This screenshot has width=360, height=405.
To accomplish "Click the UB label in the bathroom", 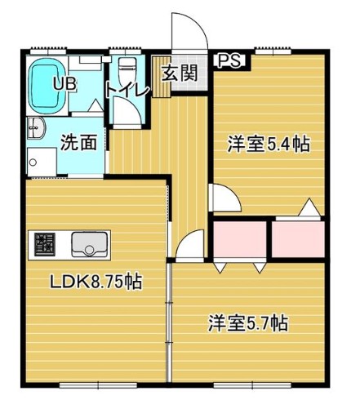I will coord(64,82).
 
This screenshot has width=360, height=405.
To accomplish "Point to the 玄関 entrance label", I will coord(179,72).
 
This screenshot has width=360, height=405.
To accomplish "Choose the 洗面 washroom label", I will coord(79,141).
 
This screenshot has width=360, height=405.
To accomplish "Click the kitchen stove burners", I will coord(44,243).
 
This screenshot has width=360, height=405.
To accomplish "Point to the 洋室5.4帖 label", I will coord(267,145).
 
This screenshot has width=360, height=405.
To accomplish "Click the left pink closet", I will coord(240,240).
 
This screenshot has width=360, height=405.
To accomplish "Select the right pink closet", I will coord(299,240).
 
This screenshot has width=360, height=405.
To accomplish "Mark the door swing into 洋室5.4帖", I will coord(221,197).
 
